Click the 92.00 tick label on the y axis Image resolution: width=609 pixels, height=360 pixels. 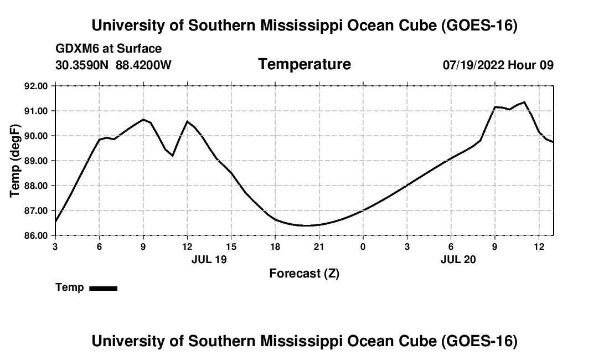pyautogui.click(x=36, y=86)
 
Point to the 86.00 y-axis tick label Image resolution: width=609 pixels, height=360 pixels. pyautogui.click(x=36, y=236)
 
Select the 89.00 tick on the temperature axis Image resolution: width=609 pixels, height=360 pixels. pyautogui.click(x=36, y=161)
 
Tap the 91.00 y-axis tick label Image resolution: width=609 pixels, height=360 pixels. pyautogui.click(x=36, y=111)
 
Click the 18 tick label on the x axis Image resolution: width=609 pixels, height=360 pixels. pyautogui.click(x=275, y=247)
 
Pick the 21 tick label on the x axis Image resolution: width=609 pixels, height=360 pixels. pyautogui.click(x=319, y=247)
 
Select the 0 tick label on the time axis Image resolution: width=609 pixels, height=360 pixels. pyautogui.click(x=363, y=247)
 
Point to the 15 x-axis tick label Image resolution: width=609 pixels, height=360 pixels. pyautogui.click(x=231, y=247)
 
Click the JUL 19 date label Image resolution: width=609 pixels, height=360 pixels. pyautogui.click(x=209, y=259)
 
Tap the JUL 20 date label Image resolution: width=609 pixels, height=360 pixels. pyautogui.click(x=458, y=259)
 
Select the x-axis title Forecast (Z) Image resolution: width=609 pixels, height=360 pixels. pyautogui.click(x=304, y=274)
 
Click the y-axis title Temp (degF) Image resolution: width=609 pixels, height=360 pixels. pyautogui.click(x=15, y=161)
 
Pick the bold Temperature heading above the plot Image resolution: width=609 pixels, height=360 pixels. pyautogui.click(x=304, y=64)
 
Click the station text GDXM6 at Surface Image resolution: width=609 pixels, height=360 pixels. pyautogui.click(x=109, y=49)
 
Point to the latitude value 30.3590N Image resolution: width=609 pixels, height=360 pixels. pyautogui.click(x=82, y=65)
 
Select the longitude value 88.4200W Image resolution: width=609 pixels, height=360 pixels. pyautogui.click(x=143, y=65)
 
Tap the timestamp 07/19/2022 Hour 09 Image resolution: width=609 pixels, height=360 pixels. pyautogui.click(x=498, y=65)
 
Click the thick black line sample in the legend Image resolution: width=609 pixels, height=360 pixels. pyautogui.click(x=104, y=288)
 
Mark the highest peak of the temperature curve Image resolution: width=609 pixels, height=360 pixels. pyautogui.click(x=524, y=102)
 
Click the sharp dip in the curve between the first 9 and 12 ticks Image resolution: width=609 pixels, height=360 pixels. pyautogui.click(x=172, y=156)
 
